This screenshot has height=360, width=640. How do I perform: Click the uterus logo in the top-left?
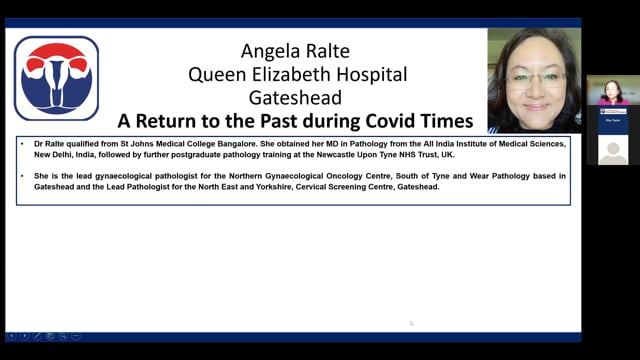point(56,78)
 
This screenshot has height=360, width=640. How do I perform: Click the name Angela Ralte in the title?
point(294,51)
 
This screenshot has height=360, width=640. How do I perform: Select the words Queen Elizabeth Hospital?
point(294,74)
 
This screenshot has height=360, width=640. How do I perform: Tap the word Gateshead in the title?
point(294,98)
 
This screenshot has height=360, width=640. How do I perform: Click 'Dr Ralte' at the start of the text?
point(45,145)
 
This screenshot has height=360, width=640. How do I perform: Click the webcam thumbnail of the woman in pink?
point(612,92)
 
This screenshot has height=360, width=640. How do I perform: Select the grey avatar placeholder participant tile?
point(612,149)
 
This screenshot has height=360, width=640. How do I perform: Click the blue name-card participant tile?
point(612,120)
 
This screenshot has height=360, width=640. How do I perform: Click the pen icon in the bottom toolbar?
point(37,336)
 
